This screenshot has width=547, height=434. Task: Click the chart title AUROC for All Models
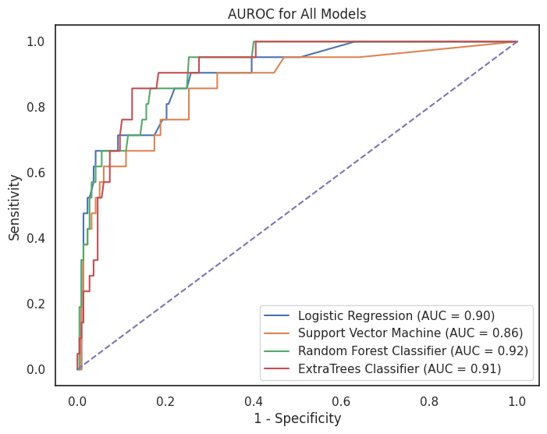click(x=297, y=13)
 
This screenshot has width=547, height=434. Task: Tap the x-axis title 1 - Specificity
click(x=297, y=419)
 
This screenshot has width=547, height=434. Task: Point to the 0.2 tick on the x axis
click(x=165, y=400)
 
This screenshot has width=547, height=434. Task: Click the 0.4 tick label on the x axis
click(x=254, y=400)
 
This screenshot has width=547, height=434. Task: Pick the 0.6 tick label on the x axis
click(x=342, y=400)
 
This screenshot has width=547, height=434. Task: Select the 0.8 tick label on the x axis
click(x=430, y=400)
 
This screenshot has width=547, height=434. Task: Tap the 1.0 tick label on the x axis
click(x=518, y=400)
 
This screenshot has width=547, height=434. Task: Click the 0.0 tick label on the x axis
click(x=77, y=400)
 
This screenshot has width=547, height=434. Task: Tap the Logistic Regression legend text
click(x=396, y=316)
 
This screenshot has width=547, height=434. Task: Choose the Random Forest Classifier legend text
click(x=413, y=351)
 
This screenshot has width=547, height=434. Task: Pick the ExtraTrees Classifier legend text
click(x=399, y=368)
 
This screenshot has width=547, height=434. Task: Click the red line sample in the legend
click(x=277, y=368)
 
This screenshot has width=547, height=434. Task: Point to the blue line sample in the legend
click(x=277, y=316)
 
